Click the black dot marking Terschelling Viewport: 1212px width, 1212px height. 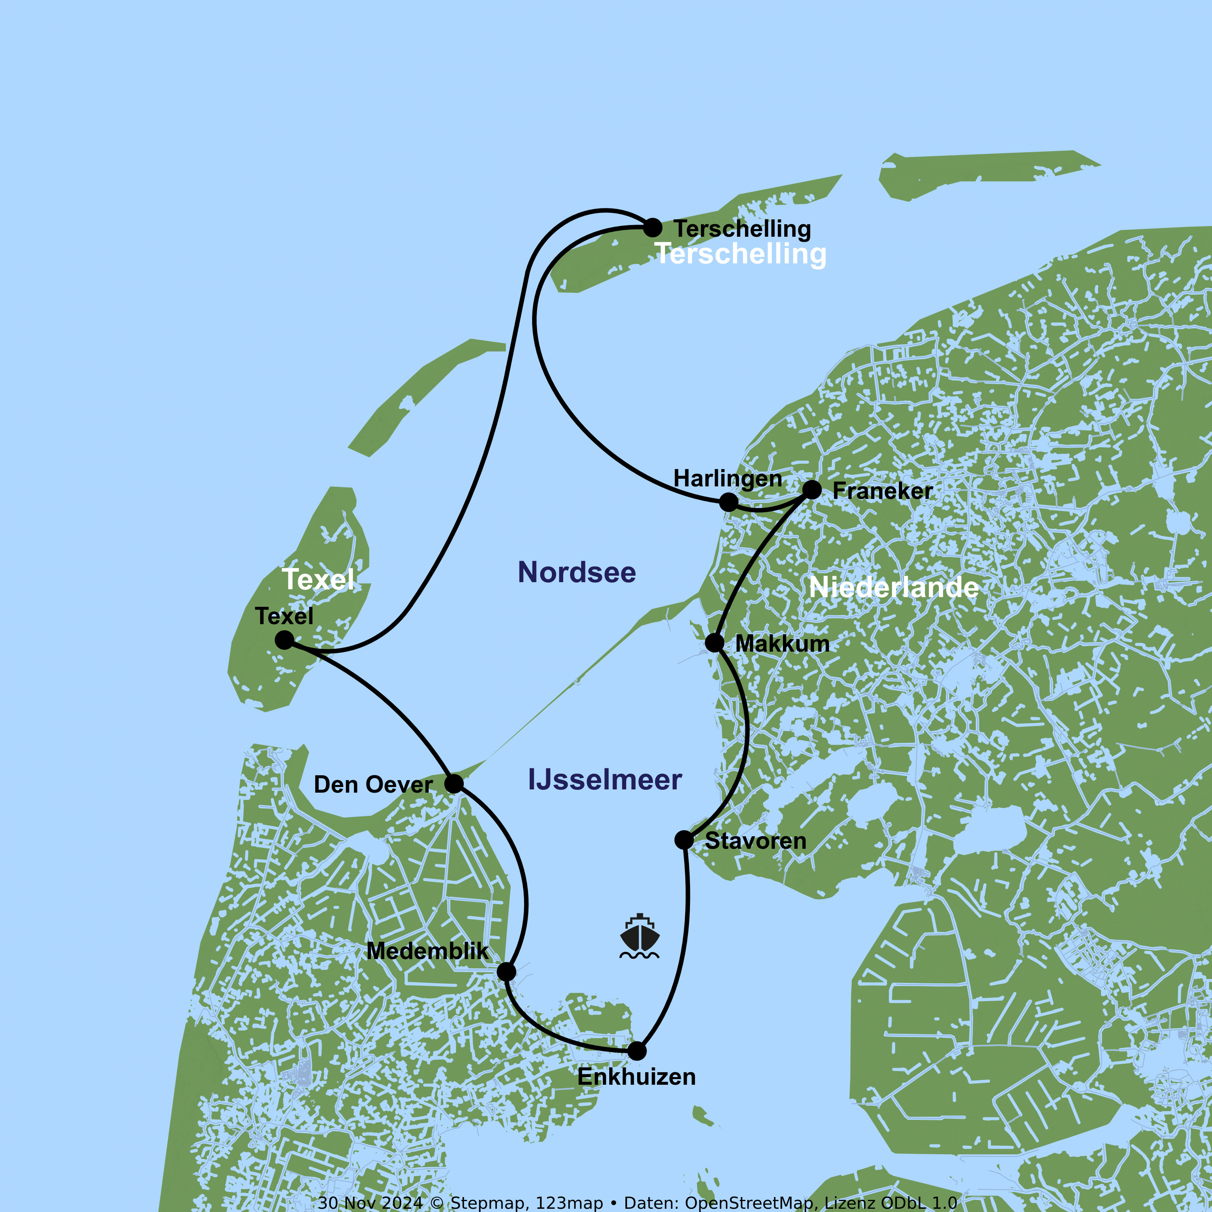click(652, 228)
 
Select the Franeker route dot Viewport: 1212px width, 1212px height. click(812, 489)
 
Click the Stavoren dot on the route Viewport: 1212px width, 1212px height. click(684, 840)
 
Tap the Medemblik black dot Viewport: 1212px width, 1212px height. click(506, 972)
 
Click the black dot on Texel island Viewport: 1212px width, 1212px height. click(284, 640)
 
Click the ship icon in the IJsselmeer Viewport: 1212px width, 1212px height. click(639, 936)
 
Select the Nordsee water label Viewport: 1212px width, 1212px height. click(577, 573)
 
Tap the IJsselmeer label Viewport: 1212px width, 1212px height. click(605, 780)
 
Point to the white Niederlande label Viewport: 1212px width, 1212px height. click(893, 587)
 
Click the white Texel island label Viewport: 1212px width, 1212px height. click(318, 579)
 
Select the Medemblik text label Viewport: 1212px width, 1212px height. click(427, 951)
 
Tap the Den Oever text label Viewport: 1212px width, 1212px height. click(372, 785)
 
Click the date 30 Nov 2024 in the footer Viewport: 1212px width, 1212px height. click(370, 1203)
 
